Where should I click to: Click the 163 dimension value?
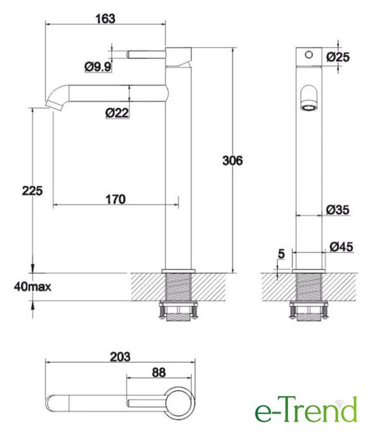point(105,18)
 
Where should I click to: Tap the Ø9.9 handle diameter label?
point(98,66)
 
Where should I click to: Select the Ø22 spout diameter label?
point(117,113)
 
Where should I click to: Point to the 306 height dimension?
point(232,160)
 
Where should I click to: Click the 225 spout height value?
point(33,191)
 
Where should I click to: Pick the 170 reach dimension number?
point(116,199)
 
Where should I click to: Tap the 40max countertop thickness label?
point(33,287)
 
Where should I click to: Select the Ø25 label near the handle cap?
point(337,57)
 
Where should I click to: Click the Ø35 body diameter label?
point(337,210)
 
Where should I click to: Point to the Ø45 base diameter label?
point(342,246)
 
